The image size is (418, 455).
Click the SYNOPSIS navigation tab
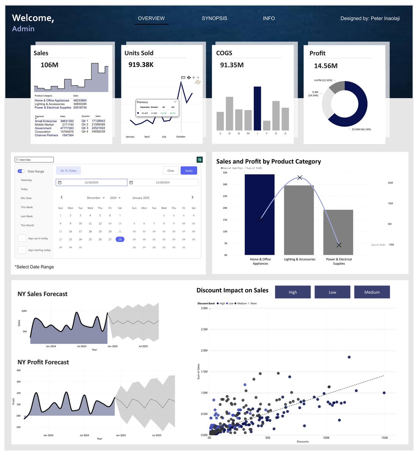click(x=214, y=18)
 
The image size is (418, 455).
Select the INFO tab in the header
click(x=269, y=18)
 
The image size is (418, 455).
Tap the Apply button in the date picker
click(x=189, y=171)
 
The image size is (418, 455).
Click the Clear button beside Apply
click(x=171, y=171)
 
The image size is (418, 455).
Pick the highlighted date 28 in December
click(x=120, y=239)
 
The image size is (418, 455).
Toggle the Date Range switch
click(x=22, y=171)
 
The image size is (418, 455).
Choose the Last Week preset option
click(x=27, y=216)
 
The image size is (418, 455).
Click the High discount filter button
click(x=292, y=292)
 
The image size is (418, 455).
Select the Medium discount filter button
click(x=372, y=292)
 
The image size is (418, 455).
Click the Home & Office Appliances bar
click(x=259, y=214)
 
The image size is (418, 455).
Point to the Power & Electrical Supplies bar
click(x=338, y=232)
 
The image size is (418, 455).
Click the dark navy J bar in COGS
click(x=257, y=108)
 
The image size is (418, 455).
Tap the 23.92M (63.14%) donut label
click(x=361, y=129)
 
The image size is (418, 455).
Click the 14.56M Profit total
click(x=325, y=66)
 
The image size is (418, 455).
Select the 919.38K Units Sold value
click(x=141, y=64)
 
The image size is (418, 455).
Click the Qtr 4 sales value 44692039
click(x=98, y=132)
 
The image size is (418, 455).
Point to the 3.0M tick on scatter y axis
click(x=204, y=308)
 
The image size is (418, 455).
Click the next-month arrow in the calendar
click(x=192, y=197)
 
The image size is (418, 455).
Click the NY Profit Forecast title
click(x=43, y=362)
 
